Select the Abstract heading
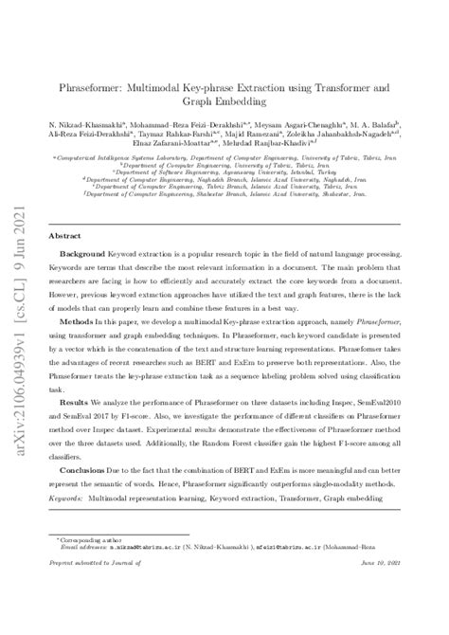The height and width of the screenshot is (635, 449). (x=64, y=235)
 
